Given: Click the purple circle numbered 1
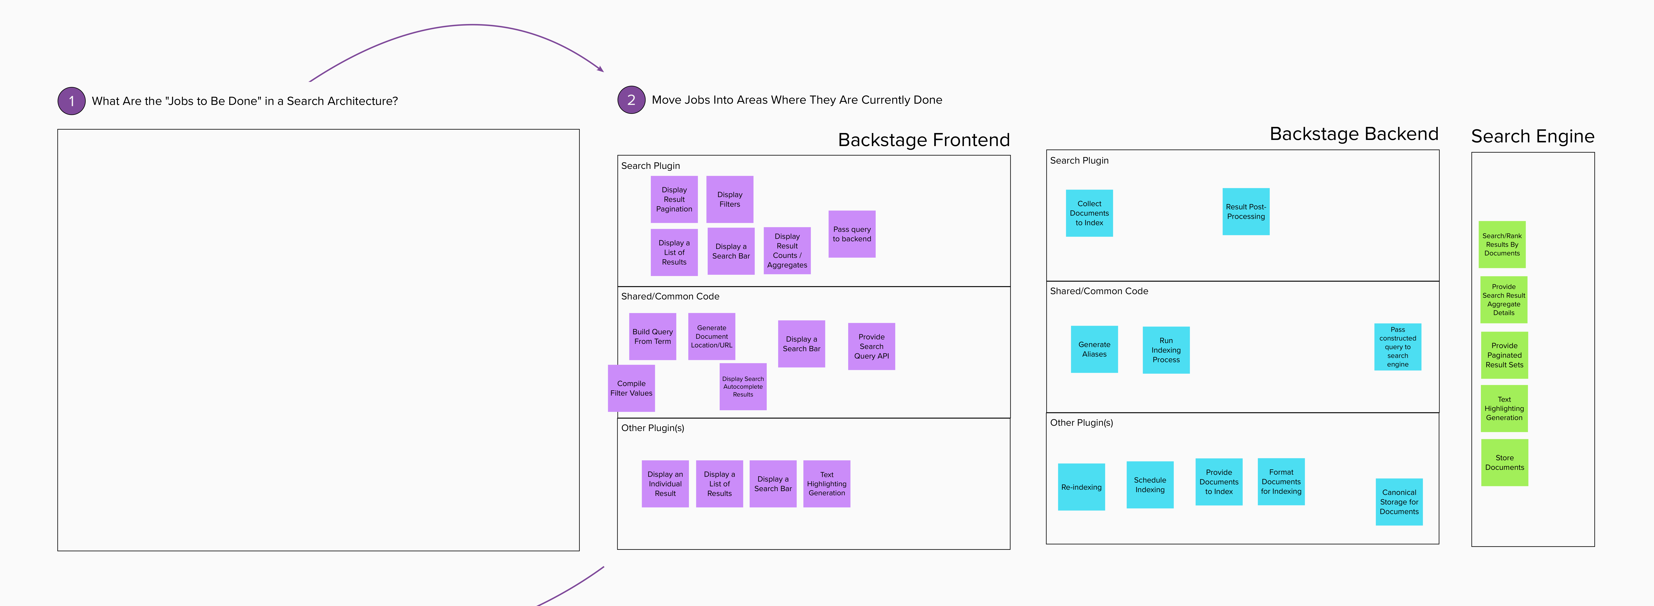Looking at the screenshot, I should coord(71,101).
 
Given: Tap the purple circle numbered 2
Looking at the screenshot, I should coord(631,99).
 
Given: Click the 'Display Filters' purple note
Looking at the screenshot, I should coord(729,199).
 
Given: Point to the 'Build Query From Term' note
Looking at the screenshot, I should coord(652,336).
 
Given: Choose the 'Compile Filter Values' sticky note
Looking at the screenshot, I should coord(631,388).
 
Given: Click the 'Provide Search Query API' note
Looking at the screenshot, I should coord(871,346).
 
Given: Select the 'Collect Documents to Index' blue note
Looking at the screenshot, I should coord(1089,213).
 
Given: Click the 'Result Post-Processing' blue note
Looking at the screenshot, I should coord(1246,211).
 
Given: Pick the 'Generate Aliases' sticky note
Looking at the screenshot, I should coord(1094,349).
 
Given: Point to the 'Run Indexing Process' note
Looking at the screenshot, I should coord(1166,350).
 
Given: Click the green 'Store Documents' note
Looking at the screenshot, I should coord(1504,462).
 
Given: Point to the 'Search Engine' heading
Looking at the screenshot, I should coord(1533,136).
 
